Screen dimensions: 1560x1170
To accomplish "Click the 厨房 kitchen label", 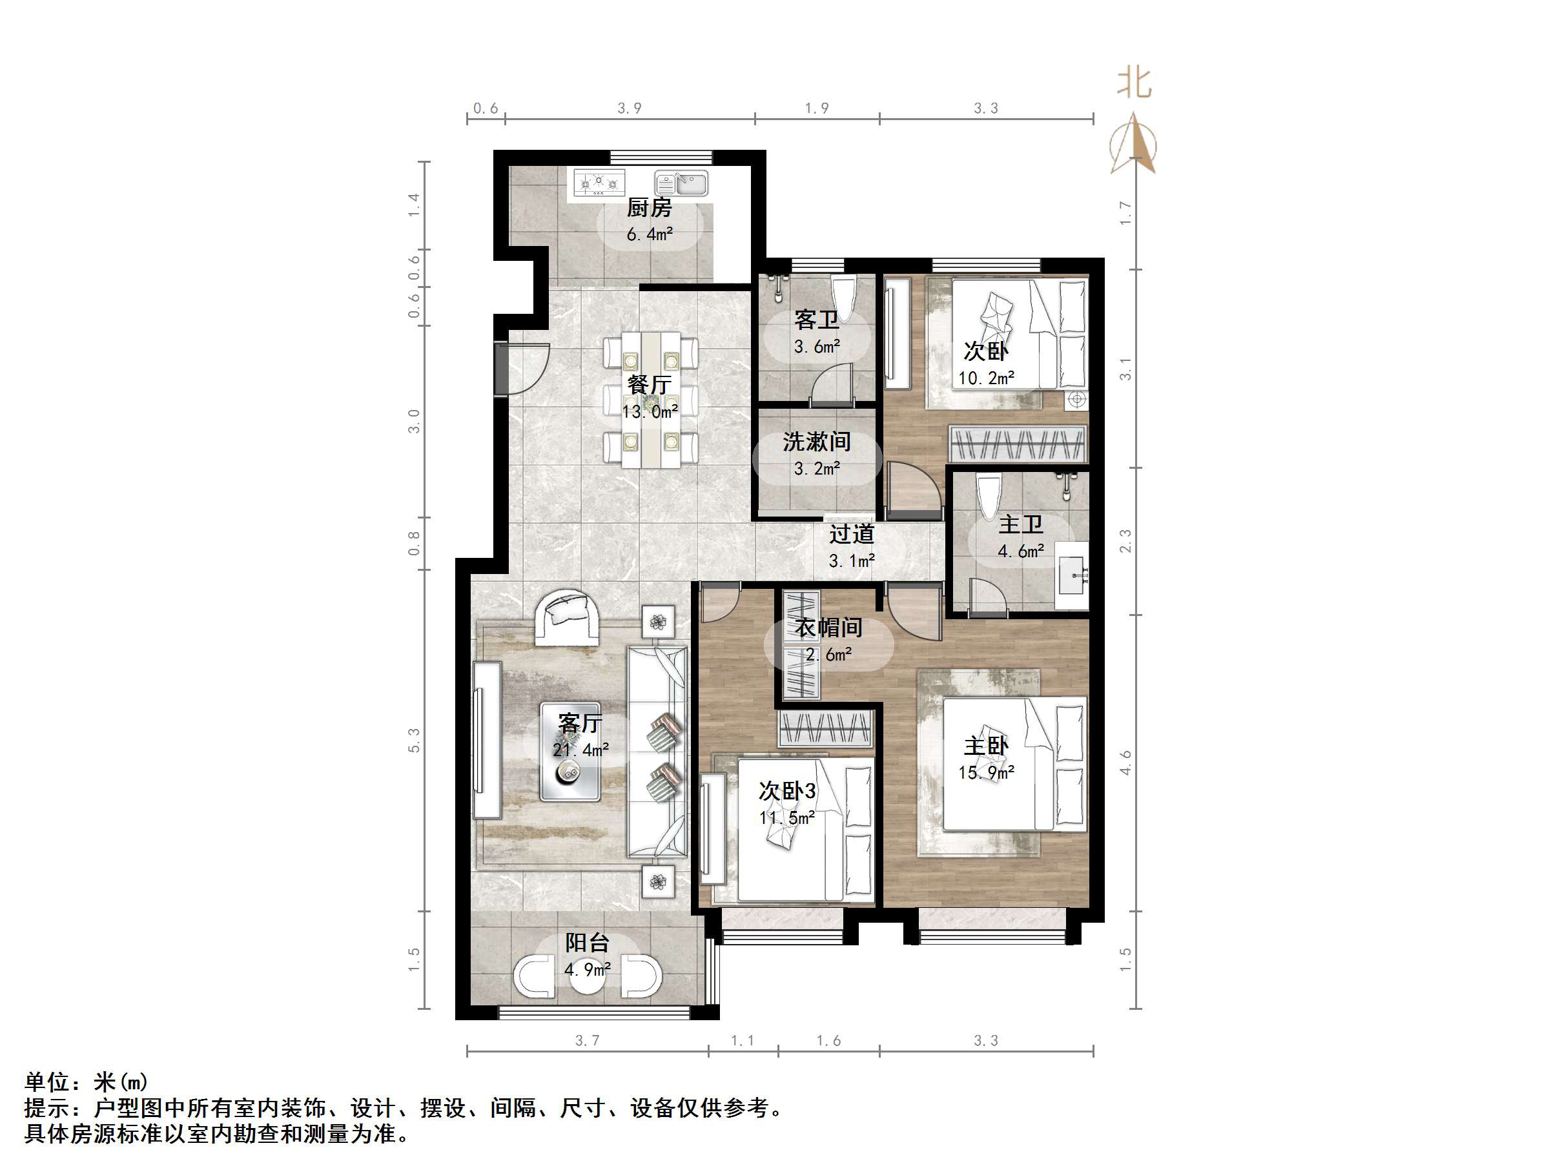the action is point(649,207).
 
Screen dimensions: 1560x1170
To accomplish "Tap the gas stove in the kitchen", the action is point(599,183).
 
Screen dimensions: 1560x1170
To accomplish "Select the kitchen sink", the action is point(681,183).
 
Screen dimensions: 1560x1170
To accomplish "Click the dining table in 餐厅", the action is point(650,400).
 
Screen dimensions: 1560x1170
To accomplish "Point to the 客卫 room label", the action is point(817,320).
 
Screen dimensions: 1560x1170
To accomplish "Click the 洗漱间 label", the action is point(817,442).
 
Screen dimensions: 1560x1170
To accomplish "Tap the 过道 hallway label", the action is point(851,534).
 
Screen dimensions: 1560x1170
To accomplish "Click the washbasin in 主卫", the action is point(1072,573).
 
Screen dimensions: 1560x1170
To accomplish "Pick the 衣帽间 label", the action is point(828,627).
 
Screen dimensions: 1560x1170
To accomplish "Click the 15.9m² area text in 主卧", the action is point(986,772).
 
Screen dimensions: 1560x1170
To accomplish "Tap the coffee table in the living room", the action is point(571,752).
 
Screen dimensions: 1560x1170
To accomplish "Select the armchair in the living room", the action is point(567,619).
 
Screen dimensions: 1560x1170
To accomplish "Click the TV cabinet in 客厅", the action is point(487,740).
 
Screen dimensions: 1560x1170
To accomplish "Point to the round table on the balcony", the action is point(587,976).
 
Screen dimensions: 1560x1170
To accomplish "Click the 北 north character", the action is point(1134,84).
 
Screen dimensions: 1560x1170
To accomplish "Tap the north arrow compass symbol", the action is point(1133,143).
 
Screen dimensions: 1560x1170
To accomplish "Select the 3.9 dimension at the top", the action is point(630,108).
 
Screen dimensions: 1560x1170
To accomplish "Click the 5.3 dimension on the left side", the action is point(414,740).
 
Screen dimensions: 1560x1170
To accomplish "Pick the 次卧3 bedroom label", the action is point(787,790).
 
